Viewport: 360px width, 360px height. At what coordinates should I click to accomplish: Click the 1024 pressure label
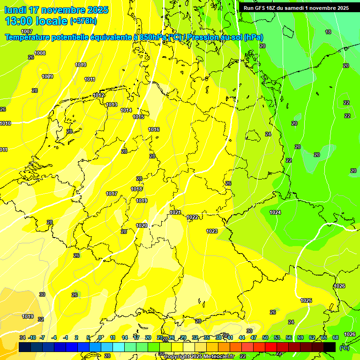(x=275, y=212)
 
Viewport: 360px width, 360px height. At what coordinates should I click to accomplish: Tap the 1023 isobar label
(x=212, y=231)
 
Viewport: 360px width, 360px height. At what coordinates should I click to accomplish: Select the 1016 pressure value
(x=154, y=129)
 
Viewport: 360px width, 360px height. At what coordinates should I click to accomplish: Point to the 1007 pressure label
(x=27, y=45)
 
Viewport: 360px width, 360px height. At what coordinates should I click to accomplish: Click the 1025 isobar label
(x=306, y=300)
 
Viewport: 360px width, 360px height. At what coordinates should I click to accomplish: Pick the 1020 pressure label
(x=142, y=225)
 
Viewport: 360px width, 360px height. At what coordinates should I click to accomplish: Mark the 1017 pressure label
(x=112, y=194)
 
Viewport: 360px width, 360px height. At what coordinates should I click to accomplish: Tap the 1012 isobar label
(x=98, y=95)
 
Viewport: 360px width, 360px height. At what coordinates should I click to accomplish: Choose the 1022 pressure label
(x=192, y=217)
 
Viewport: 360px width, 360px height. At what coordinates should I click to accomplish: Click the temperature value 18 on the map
(x=328, y=32)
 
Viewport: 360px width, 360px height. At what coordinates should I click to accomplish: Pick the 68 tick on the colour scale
(x=336, y=337)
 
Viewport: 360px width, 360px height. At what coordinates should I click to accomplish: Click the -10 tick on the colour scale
(x=32, y=337)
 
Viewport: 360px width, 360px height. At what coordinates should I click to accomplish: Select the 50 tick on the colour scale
(x=265, y=337)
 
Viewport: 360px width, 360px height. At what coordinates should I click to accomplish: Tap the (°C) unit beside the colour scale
(x=345, y=348)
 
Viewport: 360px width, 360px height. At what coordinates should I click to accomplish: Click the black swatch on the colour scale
(x=330, y=347)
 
